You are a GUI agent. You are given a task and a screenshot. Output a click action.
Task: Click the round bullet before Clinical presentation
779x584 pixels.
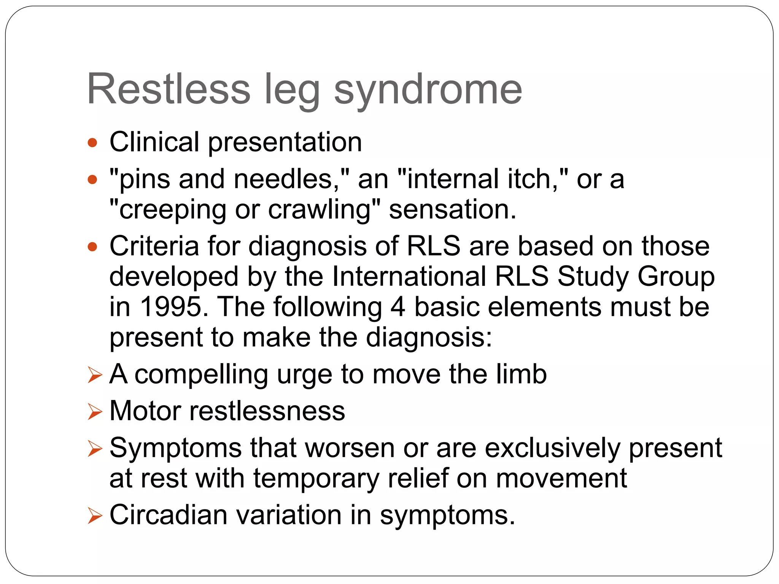pos(92,143)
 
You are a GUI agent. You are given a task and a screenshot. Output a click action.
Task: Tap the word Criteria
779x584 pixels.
pos(154,246)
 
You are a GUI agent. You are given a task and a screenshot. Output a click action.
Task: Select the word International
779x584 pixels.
pos(409,276)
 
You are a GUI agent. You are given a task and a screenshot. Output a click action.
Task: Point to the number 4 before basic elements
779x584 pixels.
pos(398,307)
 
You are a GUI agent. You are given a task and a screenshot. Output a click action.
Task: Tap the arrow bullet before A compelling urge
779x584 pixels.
pos(95,375)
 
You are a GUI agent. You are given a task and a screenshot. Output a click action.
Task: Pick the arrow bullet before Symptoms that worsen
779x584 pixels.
pos(95,449)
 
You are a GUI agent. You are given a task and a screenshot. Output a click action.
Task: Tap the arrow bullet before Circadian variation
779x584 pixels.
pos(95,516)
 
